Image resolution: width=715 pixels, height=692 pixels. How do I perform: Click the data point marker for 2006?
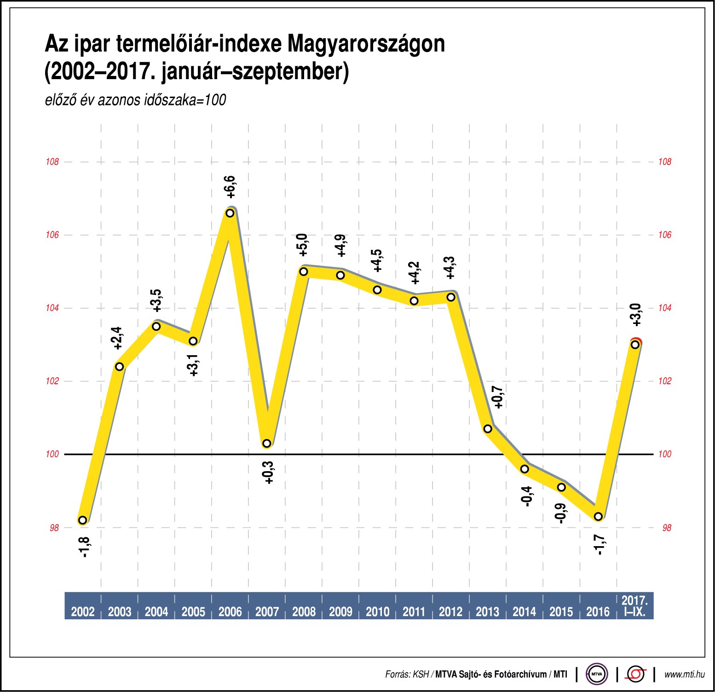tap(230, 213)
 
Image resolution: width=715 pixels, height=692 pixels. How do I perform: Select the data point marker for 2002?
tap(83, 520)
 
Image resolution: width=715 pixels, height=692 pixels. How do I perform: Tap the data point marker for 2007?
tap(267, 444)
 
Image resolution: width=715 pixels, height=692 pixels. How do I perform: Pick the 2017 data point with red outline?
tap(635, 345)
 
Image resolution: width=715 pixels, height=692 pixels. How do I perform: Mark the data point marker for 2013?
tap(488, 429)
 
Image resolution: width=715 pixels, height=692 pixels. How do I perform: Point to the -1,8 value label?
tap(85, 547)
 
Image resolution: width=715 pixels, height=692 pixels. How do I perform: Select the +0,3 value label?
tap(269, 473)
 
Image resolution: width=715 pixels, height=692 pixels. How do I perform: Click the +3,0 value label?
tap(636, 315)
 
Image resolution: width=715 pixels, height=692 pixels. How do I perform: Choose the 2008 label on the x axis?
tap(304, 611)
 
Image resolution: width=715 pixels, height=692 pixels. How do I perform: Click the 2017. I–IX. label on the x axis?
tap(635, 606)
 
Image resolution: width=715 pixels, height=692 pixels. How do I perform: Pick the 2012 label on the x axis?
tap(450, 611)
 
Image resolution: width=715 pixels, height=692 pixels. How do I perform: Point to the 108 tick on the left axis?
tap(52, 162)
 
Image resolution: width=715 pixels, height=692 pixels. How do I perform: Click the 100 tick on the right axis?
tap(665, 454)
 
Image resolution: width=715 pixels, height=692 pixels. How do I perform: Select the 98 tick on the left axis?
tap(54, 528)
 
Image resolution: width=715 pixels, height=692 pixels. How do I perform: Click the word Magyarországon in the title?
tap(366, 44)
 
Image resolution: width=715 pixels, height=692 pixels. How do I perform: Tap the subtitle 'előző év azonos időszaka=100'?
tap(135, 100)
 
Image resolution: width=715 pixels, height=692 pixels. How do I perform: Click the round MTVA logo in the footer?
tap(597, 675)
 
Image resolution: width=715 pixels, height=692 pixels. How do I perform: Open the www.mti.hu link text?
tap(684, 675)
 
